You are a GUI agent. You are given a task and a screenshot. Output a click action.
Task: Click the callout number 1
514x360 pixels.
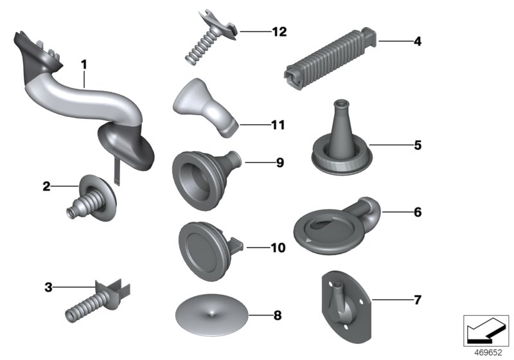point(84,64)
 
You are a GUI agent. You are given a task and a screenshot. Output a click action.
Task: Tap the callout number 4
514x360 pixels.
point(417,42)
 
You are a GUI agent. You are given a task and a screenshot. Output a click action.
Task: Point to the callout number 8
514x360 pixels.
point(278,316)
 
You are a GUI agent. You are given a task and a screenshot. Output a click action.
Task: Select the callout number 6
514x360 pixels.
point(417,212)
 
